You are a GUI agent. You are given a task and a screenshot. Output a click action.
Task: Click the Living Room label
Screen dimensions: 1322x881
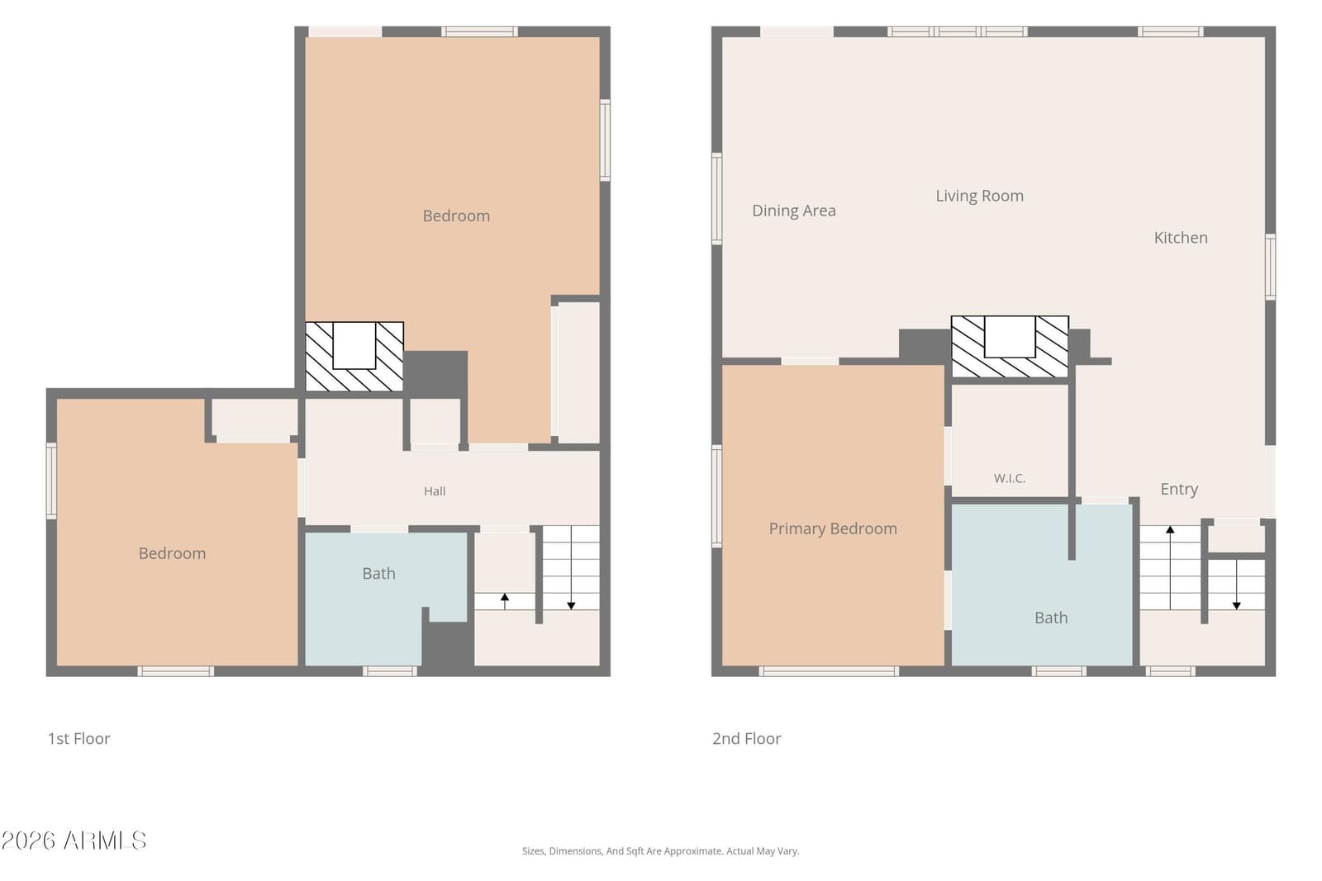979,196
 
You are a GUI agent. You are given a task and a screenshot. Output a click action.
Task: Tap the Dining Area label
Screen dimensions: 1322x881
794,211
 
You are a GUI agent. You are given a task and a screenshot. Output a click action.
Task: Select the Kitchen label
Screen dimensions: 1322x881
1181,238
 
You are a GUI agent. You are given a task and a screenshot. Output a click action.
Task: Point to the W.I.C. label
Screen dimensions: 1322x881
1009,478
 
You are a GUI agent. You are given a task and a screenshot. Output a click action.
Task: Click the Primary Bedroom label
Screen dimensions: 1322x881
833,528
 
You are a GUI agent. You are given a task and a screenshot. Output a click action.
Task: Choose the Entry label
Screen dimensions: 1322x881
1179,489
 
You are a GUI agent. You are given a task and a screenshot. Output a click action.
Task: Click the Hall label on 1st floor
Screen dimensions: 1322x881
435,491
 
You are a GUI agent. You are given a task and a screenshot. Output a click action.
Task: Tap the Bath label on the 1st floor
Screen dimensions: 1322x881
379,573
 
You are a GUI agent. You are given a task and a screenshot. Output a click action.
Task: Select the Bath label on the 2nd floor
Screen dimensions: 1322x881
1051,618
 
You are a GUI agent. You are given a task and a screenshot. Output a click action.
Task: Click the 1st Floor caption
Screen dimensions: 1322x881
79,738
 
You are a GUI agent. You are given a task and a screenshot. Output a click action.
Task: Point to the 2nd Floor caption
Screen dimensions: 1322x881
747,738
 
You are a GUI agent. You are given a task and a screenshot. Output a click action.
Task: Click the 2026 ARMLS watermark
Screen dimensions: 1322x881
74,841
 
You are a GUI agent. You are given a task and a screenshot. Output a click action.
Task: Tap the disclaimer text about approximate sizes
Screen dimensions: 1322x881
660,851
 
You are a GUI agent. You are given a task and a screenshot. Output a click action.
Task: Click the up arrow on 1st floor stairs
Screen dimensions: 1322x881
505,601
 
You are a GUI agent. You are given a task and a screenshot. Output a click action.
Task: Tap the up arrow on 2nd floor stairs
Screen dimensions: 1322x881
1170,567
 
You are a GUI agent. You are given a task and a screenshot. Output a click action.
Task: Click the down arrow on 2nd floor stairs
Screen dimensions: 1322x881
1236,584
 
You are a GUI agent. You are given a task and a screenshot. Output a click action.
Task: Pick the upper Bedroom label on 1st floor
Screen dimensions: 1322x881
456,216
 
